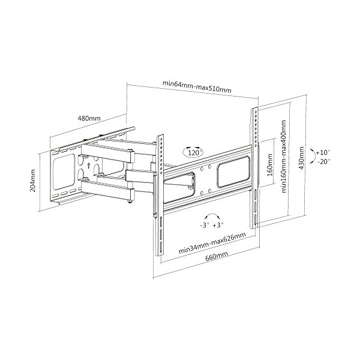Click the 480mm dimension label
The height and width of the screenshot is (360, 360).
(89, 118)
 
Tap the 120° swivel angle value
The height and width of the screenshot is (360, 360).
(194, 154)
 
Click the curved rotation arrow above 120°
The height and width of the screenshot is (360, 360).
(194, 146)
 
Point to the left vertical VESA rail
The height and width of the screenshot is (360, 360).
(160, 192)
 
